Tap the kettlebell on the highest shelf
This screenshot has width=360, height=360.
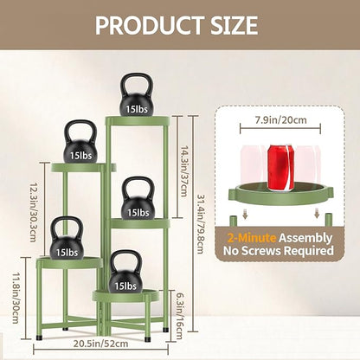[x=137, y=95]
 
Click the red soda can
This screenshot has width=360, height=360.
[x=280, y=168]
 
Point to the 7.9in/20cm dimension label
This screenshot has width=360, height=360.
[x=280, y=119]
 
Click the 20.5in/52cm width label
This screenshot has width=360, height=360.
[x=100, y=344]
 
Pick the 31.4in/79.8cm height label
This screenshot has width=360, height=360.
[x=201, y=223]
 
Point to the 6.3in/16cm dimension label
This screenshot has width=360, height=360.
[x=179, y=316]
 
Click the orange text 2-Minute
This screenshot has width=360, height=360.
[x=252, y=238]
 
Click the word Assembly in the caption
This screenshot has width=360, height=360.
[x=305, y=238]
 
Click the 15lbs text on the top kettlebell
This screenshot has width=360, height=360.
[x=137, y=109]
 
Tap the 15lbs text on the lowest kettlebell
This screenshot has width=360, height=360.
[x=125, y=286]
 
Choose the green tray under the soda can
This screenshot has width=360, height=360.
[x=281, y=193]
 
